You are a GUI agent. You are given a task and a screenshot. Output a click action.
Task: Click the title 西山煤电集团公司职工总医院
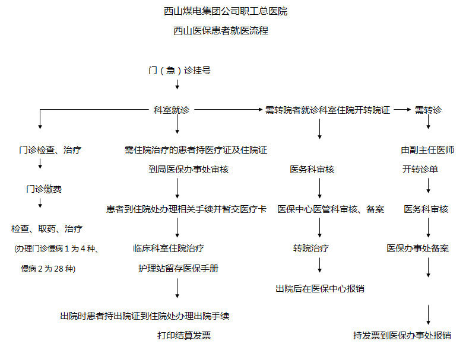(x=226, y=11)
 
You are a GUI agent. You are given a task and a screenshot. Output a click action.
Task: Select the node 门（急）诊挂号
(x=179, y=70)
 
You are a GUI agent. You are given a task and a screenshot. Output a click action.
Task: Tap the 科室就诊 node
(x=172, y=110)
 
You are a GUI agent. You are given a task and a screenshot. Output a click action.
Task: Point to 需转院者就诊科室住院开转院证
(x=328, y=110)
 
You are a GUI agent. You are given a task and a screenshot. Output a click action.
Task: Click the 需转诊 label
(x=428, y=110)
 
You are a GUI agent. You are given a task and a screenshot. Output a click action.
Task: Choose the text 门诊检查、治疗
(x=49, y=150)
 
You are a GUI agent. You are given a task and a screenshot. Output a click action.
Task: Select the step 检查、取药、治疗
(x=47, y=229)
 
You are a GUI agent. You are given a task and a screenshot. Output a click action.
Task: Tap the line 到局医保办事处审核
(x=188, y=170)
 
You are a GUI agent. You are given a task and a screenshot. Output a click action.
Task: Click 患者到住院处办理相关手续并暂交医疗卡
(x=186, y=209)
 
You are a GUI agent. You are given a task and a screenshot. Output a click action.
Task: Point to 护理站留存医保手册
(x=178, y=268)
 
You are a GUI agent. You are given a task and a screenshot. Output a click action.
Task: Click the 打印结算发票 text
(x=184, y=336)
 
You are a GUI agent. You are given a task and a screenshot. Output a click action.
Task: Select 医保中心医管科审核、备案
(x=331, y=209)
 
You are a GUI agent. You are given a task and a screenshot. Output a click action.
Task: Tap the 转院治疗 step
(x=311, y=249)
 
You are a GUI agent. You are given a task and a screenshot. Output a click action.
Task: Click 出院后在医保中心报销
(x=320, y=289)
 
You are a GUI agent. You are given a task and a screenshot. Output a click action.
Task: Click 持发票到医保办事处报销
(x=402, y=336)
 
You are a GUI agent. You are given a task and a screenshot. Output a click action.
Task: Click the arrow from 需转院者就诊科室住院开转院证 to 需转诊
(x=402, y=110)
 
